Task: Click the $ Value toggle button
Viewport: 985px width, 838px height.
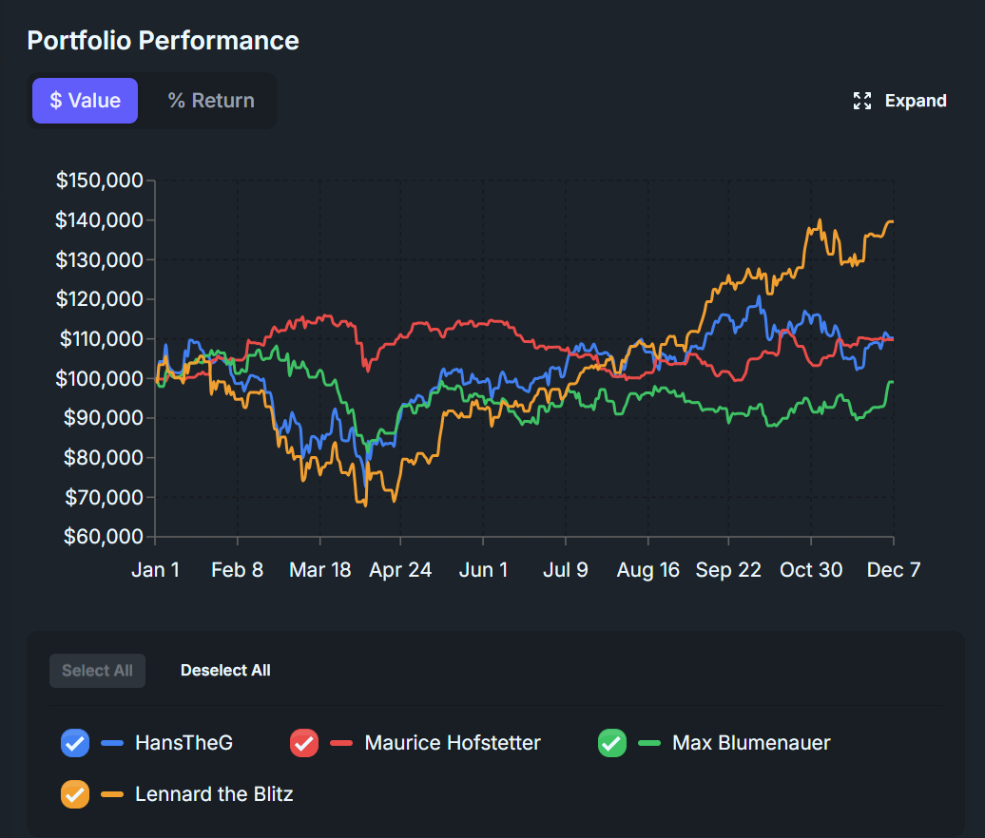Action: click(85, 101)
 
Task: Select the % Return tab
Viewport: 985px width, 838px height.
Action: click(211, 101)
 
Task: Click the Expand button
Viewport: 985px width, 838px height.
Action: click(900, 101)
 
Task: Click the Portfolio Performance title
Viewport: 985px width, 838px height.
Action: click(163, 40)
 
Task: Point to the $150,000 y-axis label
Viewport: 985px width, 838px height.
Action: click(99, 181)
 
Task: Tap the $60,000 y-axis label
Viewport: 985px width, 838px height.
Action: click(103, 537)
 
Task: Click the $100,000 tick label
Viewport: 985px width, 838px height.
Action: click(99, 378)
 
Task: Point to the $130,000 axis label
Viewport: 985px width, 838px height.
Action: click(99, 259)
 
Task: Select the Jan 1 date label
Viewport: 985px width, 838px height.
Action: click(155, 569)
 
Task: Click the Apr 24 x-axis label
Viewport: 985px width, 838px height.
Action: click(400, 569)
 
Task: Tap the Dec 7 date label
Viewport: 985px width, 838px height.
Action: click(893, 569)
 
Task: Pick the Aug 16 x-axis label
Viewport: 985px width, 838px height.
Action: click(647, 569)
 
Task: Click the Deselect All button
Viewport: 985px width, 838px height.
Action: click(225, 671)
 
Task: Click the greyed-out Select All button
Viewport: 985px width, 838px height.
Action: click(97, 671)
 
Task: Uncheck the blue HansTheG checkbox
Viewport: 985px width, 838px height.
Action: click(75, 743)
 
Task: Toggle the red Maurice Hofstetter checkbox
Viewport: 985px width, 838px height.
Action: click(303, 743)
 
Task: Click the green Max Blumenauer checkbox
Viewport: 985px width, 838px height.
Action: click(611, 743)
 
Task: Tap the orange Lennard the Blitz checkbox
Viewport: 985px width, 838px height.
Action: click(75, 794)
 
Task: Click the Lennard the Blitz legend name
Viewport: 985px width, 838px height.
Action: click(214, 794)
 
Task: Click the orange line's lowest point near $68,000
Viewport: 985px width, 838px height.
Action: click(365, 505)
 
